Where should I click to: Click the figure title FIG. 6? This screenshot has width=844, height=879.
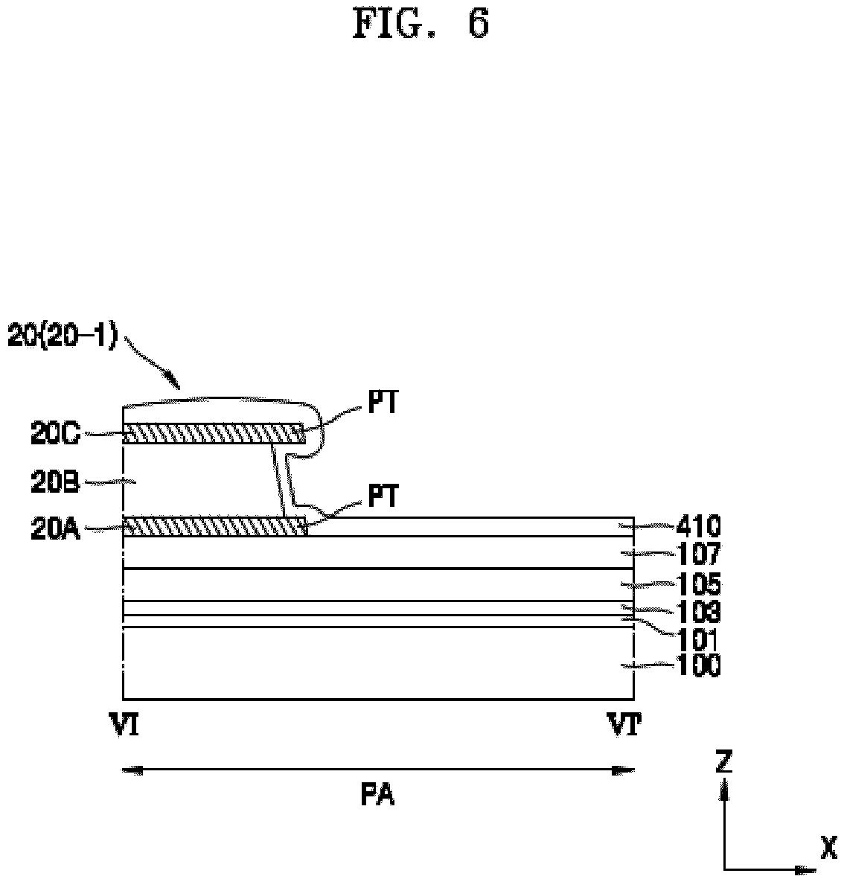coord(421,24)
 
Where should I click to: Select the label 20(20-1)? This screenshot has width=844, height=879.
coord(63,337)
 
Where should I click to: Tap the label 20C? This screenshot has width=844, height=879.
coord(55,435)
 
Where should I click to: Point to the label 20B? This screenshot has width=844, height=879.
coord(55,482)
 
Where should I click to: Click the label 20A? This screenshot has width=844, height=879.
coord(55,529)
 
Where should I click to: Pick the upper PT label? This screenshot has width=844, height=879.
coord(383,403)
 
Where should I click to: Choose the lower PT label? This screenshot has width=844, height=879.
coord(383,496)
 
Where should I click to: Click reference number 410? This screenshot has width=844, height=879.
coord(697,527)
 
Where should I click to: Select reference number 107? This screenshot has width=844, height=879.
coord(697,554)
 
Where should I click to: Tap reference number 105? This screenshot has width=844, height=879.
coord(697,584)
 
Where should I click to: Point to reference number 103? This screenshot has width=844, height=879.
coord(697,612)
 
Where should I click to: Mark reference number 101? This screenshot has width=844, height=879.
coord(697,639)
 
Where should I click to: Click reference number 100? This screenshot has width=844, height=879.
coord(697,667)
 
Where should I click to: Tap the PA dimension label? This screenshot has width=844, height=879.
coord(378,796)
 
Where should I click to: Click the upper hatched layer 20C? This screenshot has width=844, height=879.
coord(214,434)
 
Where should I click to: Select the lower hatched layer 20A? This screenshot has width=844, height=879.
coord(215,527)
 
